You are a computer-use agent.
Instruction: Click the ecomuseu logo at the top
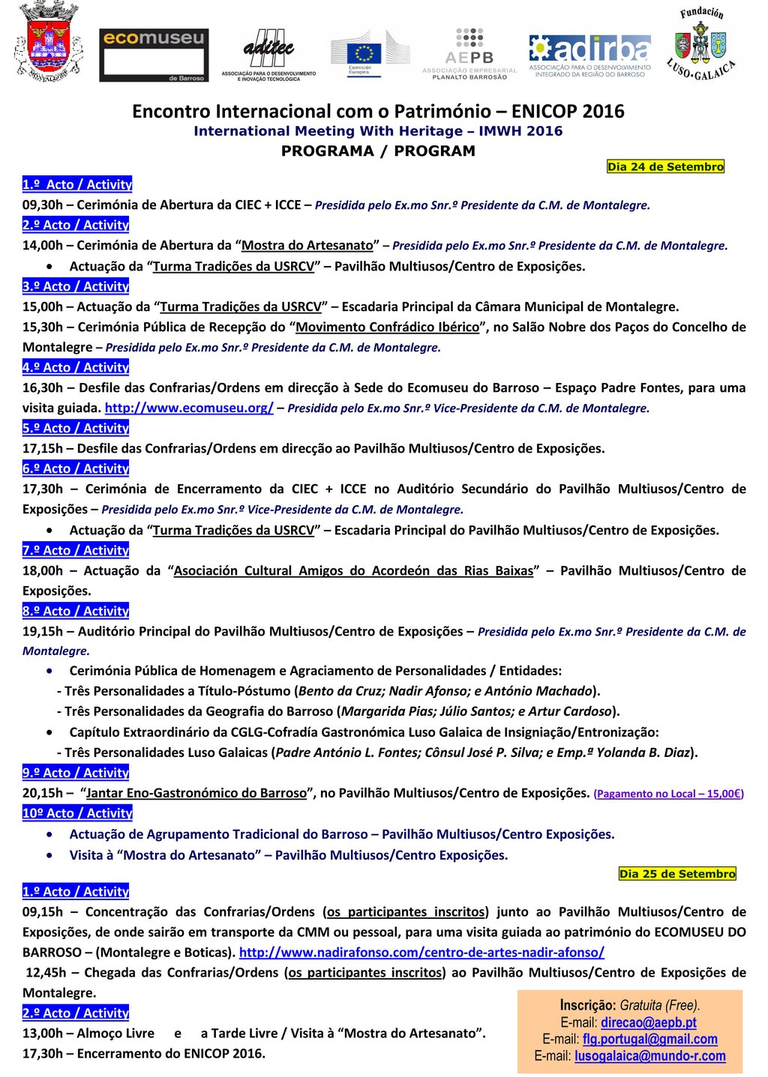(154, 55)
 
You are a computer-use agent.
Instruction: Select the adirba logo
(589, 55)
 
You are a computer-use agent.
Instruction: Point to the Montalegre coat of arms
(47, 41)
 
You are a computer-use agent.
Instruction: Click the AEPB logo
(469, 54)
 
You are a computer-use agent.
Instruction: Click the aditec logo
(268, 55)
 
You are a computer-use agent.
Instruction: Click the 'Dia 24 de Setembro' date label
(665, 166)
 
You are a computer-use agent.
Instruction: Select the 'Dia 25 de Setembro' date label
(677, 873)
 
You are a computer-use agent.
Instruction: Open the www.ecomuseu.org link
(189, 408)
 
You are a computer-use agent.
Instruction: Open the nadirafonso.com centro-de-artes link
(421, 952)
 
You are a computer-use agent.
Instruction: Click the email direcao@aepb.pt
(648, 1022)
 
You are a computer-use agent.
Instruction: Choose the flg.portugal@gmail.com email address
(649, 1039)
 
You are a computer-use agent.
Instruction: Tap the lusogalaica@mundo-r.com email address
(649, 1055)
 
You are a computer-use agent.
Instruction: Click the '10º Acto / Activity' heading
(77, 812)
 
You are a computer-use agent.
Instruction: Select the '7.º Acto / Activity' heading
(76, 550)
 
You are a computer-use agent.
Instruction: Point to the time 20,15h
(43, 793)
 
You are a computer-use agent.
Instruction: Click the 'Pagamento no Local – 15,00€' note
(668, 794)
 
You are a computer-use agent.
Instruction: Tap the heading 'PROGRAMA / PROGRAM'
(378, 151)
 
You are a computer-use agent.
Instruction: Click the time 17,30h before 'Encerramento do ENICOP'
(43, 1053)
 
